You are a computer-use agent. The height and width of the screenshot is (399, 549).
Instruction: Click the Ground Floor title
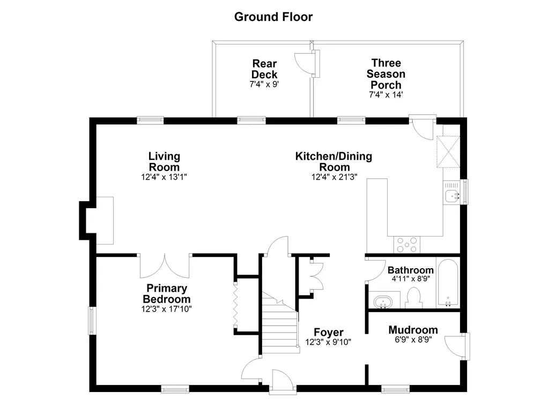[x=273, y=17]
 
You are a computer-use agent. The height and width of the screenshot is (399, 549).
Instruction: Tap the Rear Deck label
[x=264, y=69]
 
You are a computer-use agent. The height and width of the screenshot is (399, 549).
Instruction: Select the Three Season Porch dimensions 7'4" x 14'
[x=386, y=94]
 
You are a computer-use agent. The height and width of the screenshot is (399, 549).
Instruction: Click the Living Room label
[x=164, y=161]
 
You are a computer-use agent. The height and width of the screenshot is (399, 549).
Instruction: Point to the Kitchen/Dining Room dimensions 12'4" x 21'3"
[x=334, y=177]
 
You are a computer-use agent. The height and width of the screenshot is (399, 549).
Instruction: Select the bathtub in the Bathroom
[x=448, y=283]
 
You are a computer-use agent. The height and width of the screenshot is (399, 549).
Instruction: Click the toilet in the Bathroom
[x=414, y=298]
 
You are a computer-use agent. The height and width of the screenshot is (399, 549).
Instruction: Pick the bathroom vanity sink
[x=383, y=301]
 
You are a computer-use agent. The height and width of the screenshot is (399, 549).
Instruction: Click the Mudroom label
[x=413, y=330]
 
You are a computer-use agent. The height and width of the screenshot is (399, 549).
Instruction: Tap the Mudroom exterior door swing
[x=455, y=346]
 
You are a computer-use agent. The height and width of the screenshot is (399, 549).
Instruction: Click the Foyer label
[x=329, y=332]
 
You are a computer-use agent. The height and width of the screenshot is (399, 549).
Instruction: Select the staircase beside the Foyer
[x=280, y=322]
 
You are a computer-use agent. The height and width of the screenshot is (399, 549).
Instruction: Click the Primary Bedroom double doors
[x=165, y=266]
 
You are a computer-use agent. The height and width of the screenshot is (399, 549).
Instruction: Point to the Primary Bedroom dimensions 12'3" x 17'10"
[x=166, y=309]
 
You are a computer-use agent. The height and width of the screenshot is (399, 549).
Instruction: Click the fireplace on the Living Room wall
[x=97, y=220]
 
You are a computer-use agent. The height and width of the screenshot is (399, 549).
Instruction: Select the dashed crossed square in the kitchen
[x=448, y=152]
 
